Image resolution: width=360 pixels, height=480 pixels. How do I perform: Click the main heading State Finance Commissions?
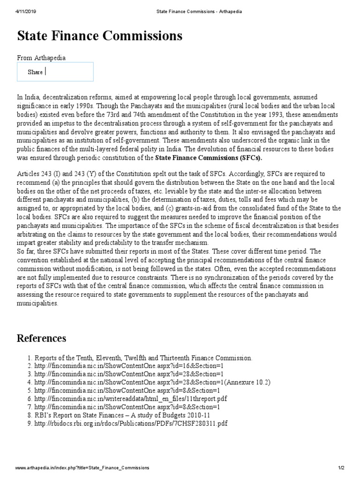pos(99,36)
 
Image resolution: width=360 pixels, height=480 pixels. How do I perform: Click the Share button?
pos(35,72)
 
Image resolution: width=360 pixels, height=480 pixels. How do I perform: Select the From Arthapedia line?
pos(41,58)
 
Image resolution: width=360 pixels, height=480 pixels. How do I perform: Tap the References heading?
pos(41,338)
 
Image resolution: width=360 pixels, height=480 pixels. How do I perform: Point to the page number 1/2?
pos(341,468)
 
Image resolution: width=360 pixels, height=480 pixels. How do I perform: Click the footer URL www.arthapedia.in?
pos(82,468)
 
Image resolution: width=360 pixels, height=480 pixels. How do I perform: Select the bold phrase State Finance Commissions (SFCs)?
pos(209,157)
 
